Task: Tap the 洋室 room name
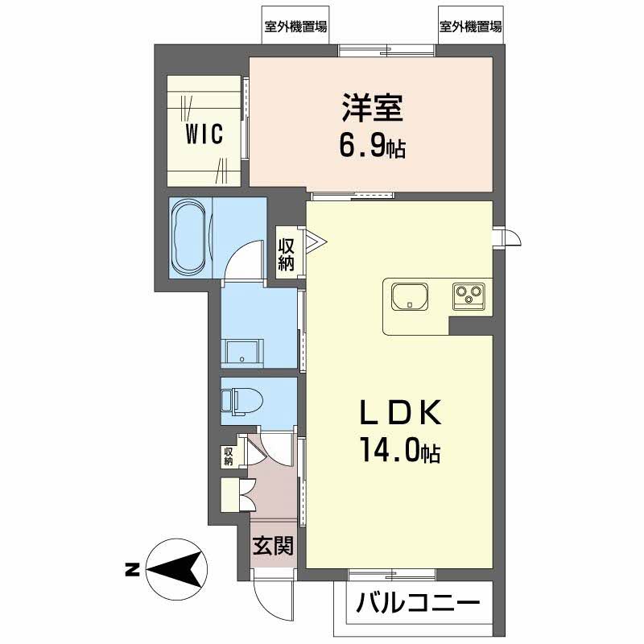pyautogui.click(x=372, y=108)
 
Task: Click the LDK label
pyautogui.click(x=400, y=412)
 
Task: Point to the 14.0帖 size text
pyautogui.click(x=400, y=451)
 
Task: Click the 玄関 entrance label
pyautogui.click(x=273, y=546)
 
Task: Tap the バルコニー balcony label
pyautogui.click(x=418, y=604)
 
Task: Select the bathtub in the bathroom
pyautogui.click(x=189, y=237)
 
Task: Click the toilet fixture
pyautogui.click(x=242, y=401)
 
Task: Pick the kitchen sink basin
pyautogui.click(x=410, y=296)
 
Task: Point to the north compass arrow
pyautogui.click(x=176, y=570)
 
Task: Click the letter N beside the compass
pyautogui.click(x=132, y=570)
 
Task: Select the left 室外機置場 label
pyautogui.click(x=295, y=27)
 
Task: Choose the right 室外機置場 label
pyautogui.click(x=471, y=27)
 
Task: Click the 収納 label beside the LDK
pyautogui.click(x=286, y=254)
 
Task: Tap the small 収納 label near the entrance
pyautogui.click(x=229, y=456)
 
